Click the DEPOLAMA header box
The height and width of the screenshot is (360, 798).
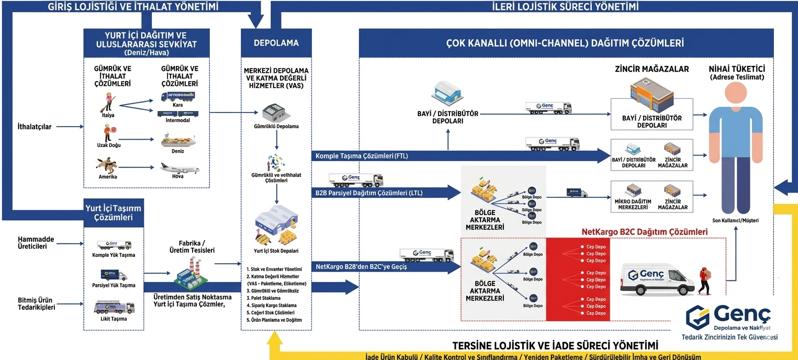tap(276, 43)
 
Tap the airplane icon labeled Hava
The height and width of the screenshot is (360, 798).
tap(179, 168)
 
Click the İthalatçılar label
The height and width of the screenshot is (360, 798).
tap(35, 127)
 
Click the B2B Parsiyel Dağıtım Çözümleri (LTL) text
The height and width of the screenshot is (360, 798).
tap(369, 193)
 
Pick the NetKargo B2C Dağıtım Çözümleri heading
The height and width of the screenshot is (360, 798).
tap(644, 232)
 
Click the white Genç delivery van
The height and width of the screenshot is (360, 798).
tap(657, 279)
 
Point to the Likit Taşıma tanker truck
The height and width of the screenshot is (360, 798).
tap(113, 307)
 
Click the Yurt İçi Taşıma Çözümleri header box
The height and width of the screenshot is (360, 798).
tap(114, 212)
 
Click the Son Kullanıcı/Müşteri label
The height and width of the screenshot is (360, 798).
tap(735, 220)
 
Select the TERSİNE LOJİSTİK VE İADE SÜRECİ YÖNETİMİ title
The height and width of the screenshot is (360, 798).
tap(554, 345)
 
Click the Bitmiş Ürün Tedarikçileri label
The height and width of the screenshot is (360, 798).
tap(36, 303)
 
